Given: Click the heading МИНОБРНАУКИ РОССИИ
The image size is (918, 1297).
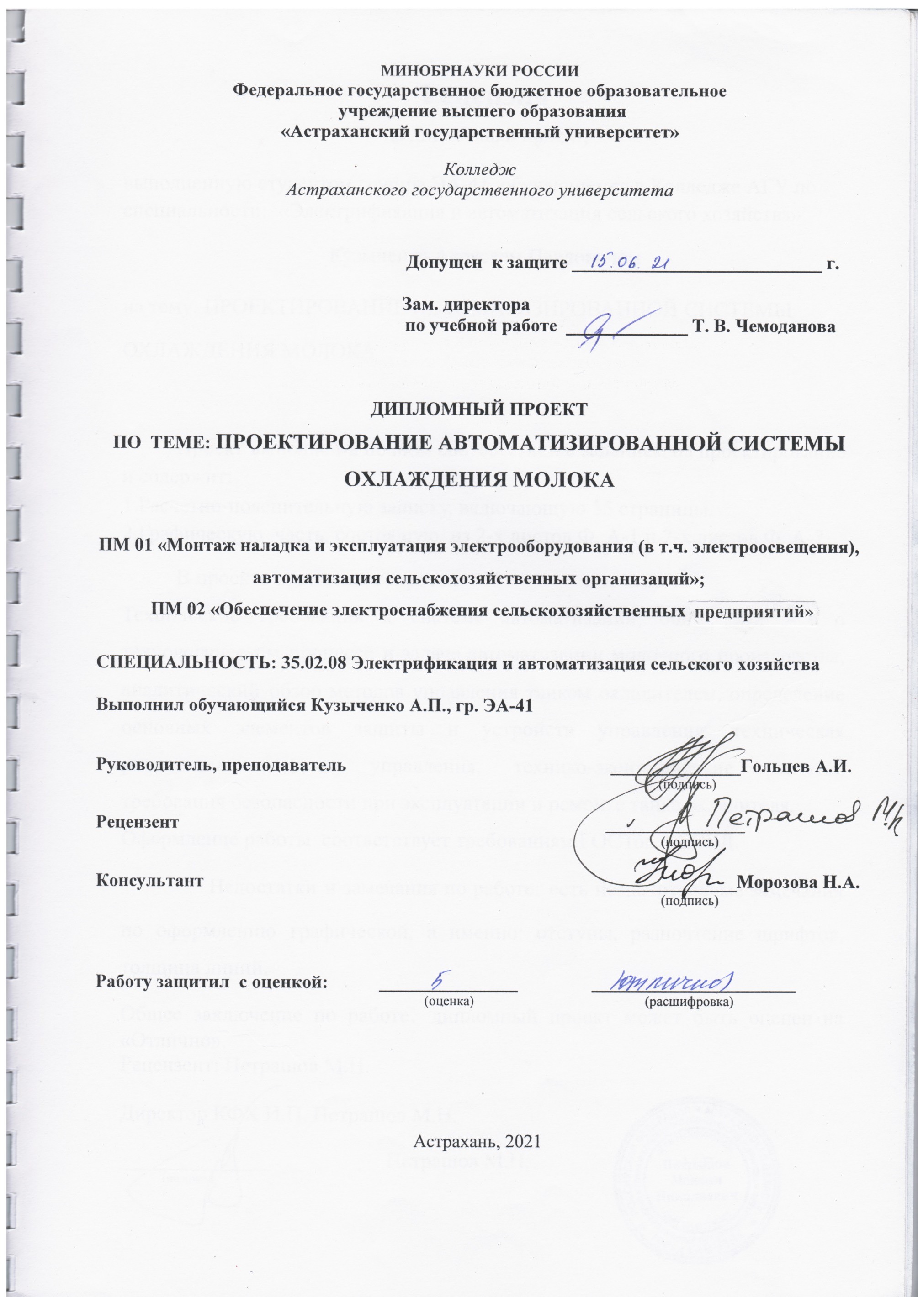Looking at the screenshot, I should [481, 71].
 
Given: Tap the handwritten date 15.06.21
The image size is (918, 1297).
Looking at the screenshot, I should [630, 262].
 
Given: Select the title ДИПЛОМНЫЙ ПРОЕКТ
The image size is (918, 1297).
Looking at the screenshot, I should [479, 409].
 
